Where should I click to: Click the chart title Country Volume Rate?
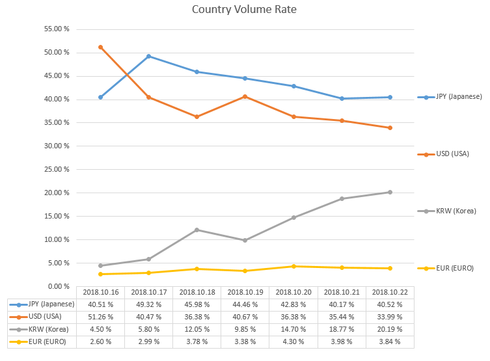click(x=245, y=10)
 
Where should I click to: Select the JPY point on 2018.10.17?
click(x=148, y=56)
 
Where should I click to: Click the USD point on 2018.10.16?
click(x=100, y=47)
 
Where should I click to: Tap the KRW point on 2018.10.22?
click(x=390, y=192)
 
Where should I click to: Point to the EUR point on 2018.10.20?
click(x=293, y=266)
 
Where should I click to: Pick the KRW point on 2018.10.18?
click(x=197, y=230)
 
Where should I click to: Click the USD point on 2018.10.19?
click(x=245, y=96)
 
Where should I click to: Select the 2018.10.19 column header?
click(x=245, y=292)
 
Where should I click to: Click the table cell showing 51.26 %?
click(x=100, y=317)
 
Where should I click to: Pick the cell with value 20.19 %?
click(x=390, y=329)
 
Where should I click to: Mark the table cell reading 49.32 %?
click(x=148, y=304)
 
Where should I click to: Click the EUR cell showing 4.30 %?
click(x=293, y=341)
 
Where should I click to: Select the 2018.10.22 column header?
click(x=390, y=292)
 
